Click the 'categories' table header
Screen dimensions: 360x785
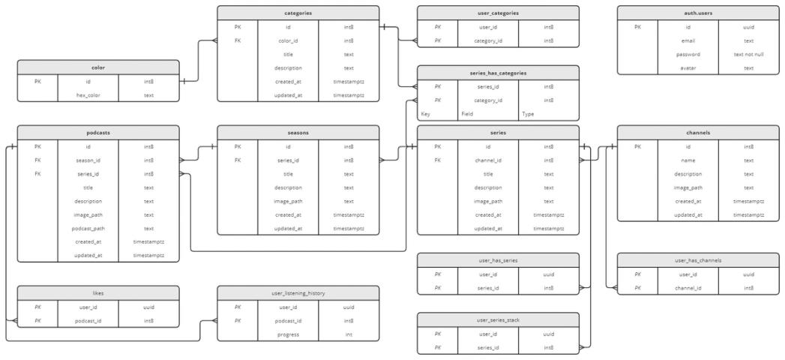pyautogui.click(x=298, y=13)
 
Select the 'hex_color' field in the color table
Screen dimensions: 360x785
pyautogui.click(x=88, y=94)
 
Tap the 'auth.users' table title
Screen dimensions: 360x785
pyautogui.click(x=698, y=13)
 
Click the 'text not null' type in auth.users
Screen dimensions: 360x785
pyautogui.click(x=749, y=55)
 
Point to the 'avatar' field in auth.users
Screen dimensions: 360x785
pyautogui.click(x=688, y=67)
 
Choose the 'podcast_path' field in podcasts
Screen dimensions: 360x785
pyautogui.click(x=88, y=228)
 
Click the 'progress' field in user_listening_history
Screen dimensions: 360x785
pyautogui.click(x=288, y=334)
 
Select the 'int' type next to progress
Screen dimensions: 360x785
pyautogui.click(x=349, y=334)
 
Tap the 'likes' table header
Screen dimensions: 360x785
pyautogui.click(x=98, y=292)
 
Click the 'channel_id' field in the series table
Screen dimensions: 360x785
pyautogui.click(x=487, y=160)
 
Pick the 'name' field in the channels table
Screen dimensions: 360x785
pyautogui.click(x=688, y=160)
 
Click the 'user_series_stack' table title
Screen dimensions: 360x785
pyautogui.click(x=498, y=320)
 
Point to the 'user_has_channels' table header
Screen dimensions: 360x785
pyautogui.click(x=698, y=259)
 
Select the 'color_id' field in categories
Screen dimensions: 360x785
pyautogui.click(x=288, y=40)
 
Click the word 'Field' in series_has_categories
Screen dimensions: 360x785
pyautogui.click(x=467, y=114)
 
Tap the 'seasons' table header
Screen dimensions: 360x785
pyautogui.click(x=298, y=132)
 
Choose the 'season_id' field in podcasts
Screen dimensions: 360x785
pyautogui.click(x=88, y=160)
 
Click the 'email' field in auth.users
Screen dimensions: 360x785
pyautogui.click(x=688, y=40)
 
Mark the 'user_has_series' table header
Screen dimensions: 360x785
pyautogui.click(x=498, y=259)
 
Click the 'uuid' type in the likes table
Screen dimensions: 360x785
pyautogui.click(x=148, y=307)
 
